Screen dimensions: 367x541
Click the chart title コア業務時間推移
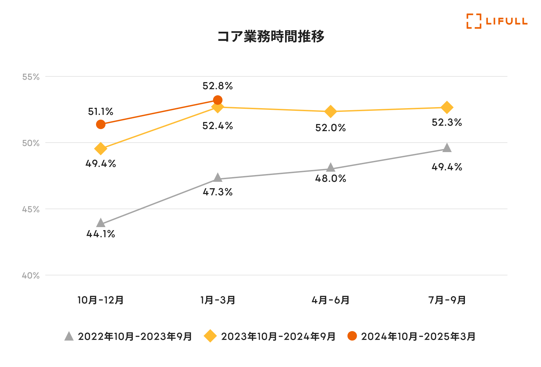[x=270, y=36]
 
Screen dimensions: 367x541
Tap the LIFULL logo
[x=497, y=21]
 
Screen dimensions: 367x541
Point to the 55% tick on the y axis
[x=31, y=77]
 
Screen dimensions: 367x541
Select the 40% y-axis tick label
[x=31, y=275]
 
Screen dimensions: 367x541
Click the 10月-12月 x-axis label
[x=100, y=300]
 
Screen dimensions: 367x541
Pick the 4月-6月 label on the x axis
[x=330, y=300]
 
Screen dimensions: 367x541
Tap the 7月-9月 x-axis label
[x=447, y=300]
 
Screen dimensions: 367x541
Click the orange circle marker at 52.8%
[x=218, y=100]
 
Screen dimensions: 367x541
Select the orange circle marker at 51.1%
[x=101, y=124]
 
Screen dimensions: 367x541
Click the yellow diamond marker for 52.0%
[x=331, y=111]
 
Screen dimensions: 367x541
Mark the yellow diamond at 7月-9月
[x=447, y=107]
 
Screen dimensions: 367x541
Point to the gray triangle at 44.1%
[x=101, y=223]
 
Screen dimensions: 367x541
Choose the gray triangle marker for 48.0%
[x=331, y=168]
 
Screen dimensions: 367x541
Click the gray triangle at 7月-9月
[x=447, y=148]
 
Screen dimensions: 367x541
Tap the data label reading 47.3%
[x=218, y=192]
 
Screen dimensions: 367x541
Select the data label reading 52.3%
[x=447, y=122]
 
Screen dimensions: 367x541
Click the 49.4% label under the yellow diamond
[x=101, y=164]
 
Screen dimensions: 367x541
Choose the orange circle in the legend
[x=352, y=336]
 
